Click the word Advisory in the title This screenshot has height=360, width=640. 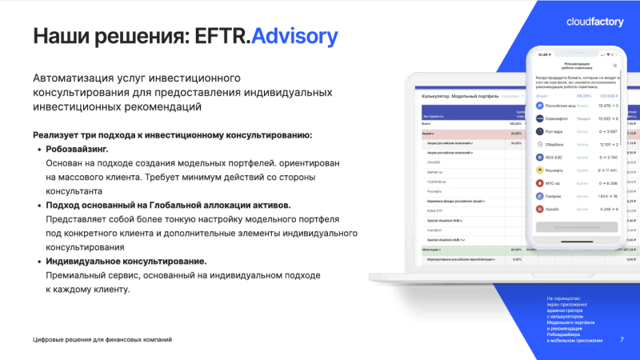[294, 37]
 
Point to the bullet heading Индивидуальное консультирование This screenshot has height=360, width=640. [126, 262]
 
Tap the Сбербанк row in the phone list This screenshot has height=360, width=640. [576, 144]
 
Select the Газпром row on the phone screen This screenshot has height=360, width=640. [576, 196]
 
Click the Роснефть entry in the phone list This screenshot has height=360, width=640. [576, 170]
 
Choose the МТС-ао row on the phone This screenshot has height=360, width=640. [576, 183]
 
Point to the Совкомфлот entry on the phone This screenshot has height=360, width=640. [576, 118]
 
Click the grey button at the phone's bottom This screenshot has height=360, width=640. [577, 227]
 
